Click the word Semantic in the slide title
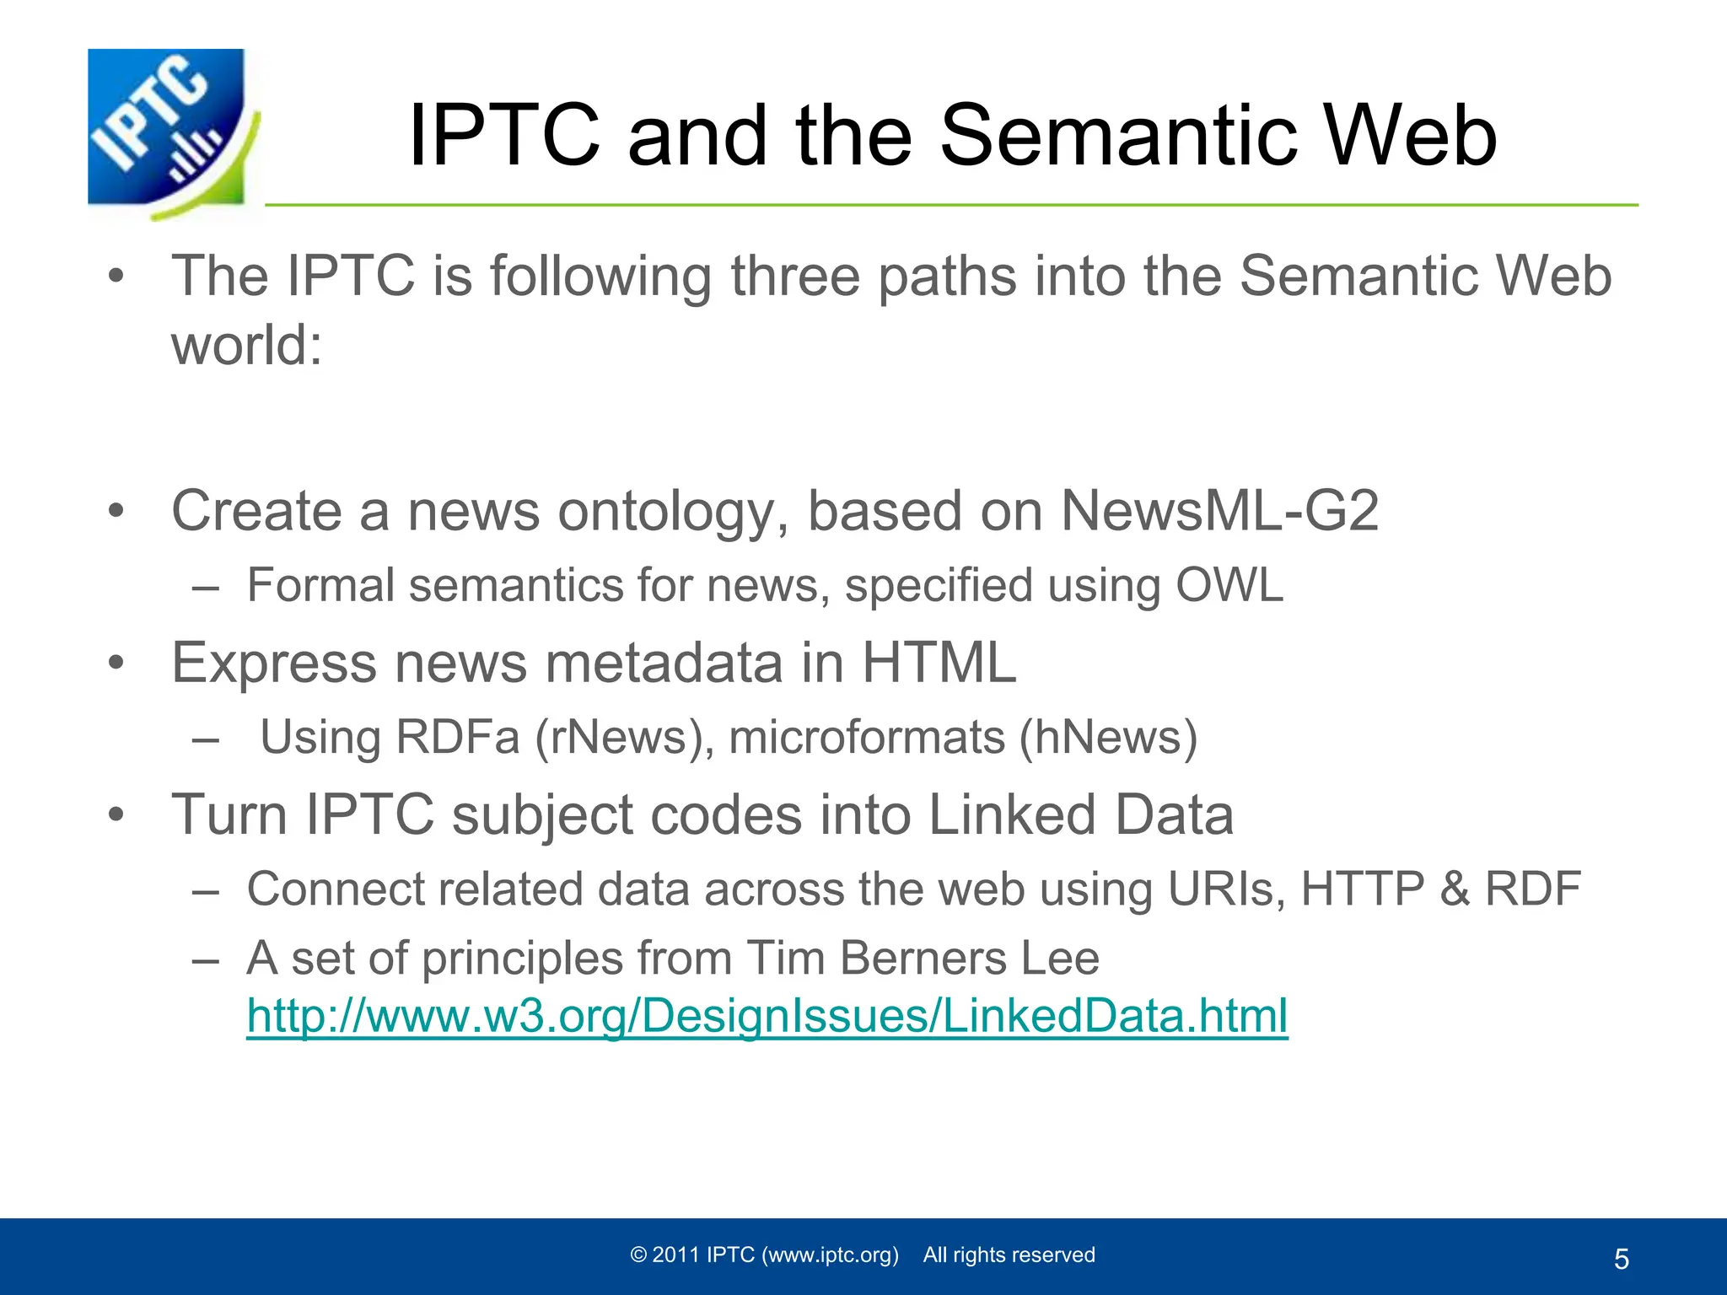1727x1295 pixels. click(1118, 136)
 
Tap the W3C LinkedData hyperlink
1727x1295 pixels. click(767, 1015)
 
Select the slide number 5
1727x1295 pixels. click(1621, 1260)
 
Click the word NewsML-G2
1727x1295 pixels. click(1219, 511)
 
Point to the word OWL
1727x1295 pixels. click(1229, 585)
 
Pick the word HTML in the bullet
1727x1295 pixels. click(939, 663)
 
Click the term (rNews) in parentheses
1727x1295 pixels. click(624, 737)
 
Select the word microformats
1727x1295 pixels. click(866, 737)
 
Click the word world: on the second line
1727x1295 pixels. click(247, 346)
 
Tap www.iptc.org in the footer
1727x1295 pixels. click(830, 1255)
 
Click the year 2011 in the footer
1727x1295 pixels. click(676, 1255)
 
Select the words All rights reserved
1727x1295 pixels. click(1009, 1255)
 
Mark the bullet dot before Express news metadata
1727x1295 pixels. click(116, 663)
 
